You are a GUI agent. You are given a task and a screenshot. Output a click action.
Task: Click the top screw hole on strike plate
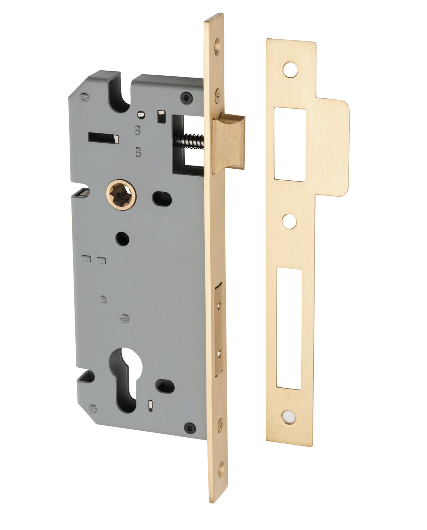(291, 69)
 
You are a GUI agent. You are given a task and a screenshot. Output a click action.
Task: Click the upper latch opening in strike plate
(290, 144)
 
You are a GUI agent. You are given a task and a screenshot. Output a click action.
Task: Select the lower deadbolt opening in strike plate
(289, 329)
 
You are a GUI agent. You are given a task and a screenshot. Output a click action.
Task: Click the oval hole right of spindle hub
(162, 198)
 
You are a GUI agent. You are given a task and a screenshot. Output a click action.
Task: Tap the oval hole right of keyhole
(165, 387)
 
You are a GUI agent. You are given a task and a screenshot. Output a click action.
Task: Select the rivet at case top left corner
(83, 96)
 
